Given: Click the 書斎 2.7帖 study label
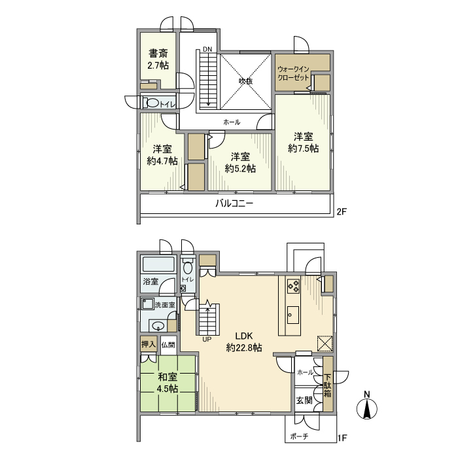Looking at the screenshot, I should pos(158,60).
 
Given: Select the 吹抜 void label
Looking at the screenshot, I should pos(245,81).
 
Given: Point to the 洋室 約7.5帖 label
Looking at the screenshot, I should pos(303,143).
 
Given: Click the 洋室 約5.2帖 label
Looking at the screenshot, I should pos(240,162).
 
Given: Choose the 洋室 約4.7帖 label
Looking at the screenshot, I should pos(162,154).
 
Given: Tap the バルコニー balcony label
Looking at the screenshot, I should pos(234,203).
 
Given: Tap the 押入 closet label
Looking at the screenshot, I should pos(149,343).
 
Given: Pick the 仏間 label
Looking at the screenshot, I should pos(168,344).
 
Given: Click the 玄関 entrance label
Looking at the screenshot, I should pos(304,400).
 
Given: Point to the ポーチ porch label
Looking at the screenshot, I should pos(302,436).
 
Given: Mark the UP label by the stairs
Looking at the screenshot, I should pos(207,339).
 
